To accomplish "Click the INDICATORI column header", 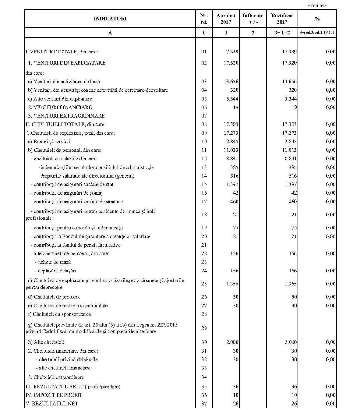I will point(110,19).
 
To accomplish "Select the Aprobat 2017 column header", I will point(226,19).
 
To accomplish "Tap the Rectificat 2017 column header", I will point(282,19).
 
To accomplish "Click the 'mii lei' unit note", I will point(317,5).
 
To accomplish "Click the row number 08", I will point(204,124).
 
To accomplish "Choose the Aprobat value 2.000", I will point(232,342).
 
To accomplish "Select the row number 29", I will point(204,328).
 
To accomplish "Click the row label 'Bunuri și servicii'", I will point(49,141).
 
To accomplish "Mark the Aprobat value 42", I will point(235,193).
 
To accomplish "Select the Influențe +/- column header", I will point(253,19).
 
